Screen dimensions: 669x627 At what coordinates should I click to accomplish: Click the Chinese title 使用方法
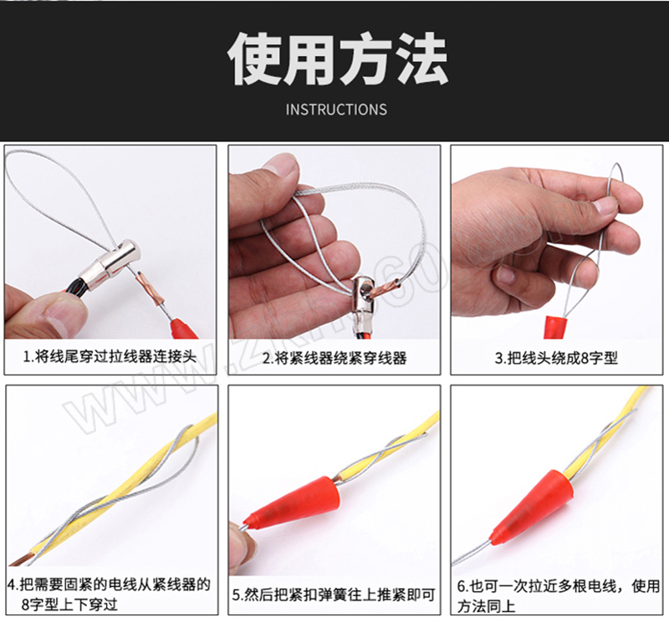tap(338, 59)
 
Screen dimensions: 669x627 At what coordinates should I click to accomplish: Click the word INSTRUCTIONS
tap(336, 110)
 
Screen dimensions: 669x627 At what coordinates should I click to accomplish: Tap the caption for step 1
tap(110, 357)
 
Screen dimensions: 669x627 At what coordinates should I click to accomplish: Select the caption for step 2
tap(334, 358)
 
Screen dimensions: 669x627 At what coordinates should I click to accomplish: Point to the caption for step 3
tap(556, 358)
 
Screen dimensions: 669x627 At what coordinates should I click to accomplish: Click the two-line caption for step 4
tap(110, 594)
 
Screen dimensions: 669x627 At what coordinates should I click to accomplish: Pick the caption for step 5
tap(334, 594)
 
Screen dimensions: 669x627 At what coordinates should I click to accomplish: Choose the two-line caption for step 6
tap(559, 596)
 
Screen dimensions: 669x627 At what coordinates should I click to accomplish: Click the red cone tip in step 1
tap(183, 329)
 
